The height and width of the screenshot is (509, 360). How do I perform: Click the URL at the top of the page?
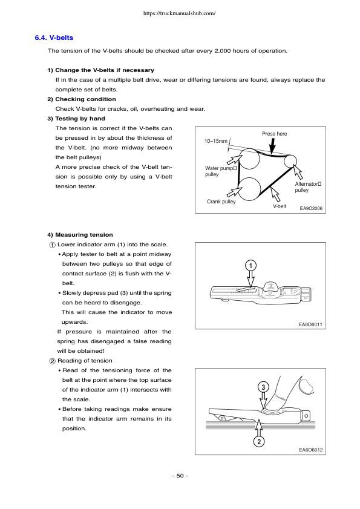[180, 13]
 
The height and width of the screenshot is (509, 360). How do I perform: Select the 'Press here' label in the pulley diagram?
[274, 134]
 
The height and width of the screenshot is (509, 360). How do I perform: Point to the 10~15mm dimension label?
[216, 142]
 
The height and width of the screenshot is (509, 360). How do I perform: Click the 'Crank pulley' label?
[221, 202]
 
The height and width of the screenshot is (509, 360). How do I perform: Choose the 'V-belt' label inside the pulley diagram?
[279, 207]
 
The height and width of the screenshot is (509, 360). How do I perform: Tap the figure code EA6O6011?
[311, 324]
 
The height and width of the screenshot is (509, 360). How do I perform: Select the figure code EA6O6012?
[311, 450]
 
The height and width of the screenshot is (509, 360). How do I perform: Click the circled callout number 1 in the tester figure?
[251, 265]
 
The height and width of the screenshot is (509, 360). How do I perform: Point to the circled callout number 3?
[263, 386]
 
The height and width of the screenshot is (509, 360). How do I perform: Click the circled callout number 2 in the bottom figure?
[258, 442]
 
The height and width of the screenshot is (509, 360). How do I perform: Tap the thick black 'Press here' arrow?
[273, 146]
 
